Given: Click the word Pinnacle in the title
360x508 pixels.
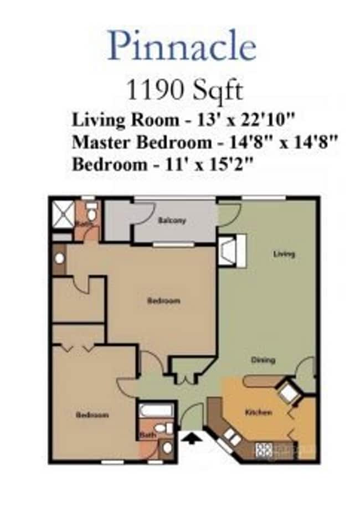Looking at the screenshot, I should click(182, 46).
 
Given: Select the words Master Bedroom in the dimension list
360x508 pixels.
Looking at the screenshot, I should click(142, 142).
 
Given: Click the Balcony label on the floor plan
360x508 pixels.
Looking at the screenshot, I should click(172, 220).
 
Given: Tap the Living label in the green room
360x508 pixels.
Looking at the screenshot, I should click(284, 254).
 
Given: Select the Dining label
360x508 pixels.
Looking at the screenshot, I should click(263, 360).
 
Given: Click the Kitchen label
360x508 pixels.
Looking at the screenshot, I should click(258, 412).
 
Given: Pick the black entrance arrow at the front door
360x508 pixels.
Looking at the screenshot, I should click(192, 439).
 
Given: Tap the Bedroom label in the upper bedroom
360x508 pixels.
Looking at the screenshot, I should click(163, 301).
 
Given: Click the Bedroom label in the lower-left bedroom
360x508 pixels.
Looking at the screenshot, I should click(92, 414).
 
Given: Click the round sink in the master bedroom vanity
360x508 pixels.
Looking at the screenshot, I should click(59, 259).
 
